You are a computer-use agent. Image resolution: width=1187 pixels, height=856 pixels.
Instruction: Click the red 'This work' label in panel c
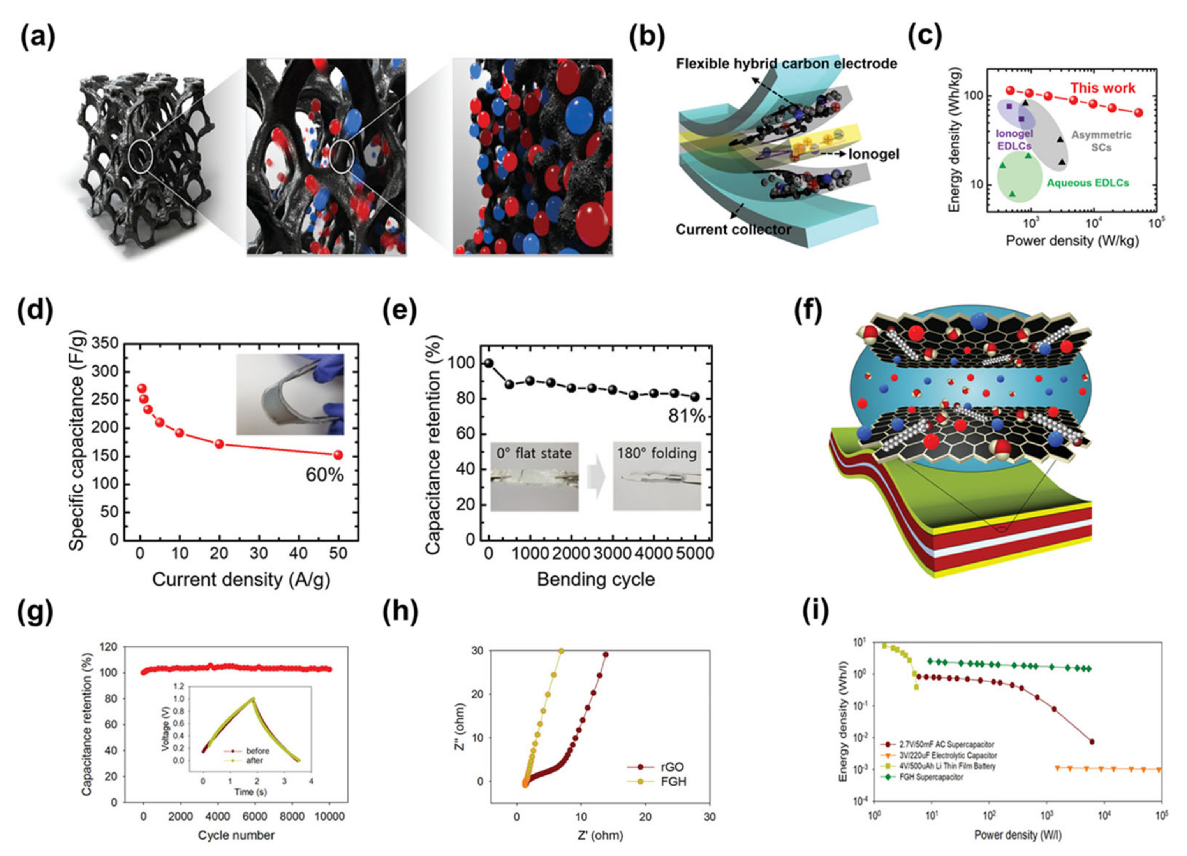pyautogui.click(x=1102, y=88)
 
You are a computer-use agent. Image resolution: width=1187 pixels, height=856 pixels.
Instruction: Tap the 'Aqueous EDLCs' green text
pyautogui.click(x=1088, y=183)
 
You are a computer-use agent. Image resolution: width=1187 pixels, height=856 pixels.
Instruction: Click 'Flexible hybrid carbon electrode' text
pyautogui.click(x=786, y=64)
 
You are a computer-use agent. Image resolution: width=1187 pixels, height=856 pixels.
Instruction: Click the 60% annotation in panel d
pyautogui.click(x=324, y=475)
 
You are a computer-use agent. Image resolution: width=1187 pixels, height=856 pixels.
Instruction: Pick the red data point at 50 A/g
pyautogui.click(x=338, y=455)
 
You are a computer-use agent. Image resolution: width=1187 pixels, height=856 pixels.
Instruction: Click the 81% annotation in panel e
pyautogui.click(x=686, y=416)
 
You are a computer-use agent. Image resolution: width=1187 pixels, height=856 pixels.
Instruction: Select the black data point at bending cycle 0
pyautogui.click(x=489, y=363)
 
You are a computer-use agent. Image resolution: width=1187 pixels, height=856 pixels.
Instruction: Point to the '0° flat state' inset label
pyautogui.click(x=534, y=453)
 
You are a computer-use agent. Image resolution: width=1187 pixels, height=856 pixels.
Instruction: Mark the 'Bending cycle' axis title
pyautogui.click(x=595, y=579)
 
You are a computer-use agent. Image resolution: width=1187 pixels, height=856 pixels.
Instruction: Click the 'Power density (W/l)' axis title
pyautogui.click(x=1018, y=835)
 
